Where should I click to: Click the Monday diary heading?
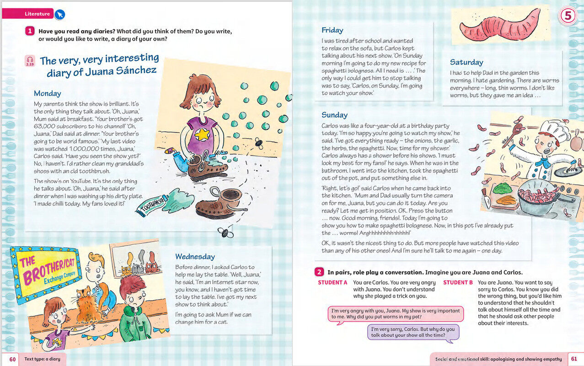tap(47, 93)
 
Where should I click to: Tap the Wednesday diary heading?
tap(195, 257)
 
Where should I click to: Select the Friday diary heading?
tap(332, 30)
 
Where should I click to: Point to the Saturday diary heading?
tap(466, 62)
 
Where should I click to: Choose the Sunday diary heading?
tap(334, 115)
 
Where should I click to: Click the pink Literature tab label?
tap(37, 14)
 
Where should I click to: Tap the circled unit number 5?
tap(567, 16)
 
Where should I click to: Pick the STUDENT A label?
tap(332, 282)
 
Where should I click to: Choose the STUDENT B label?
tap(458, 282)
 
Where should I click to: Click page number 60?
tap(12, 359)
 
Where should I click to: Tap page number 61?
tap(574, 359)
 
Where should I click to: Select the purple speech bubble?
tap(413, 332)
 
